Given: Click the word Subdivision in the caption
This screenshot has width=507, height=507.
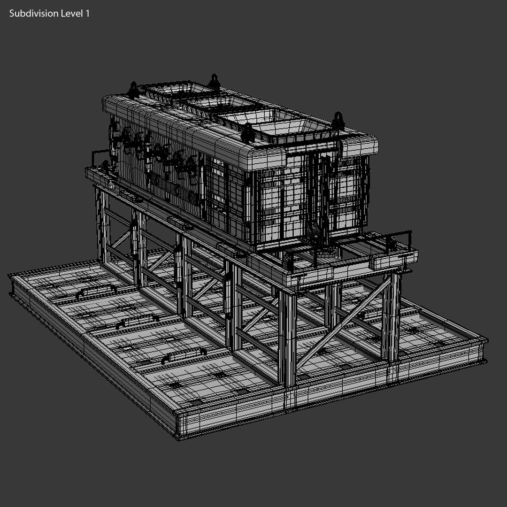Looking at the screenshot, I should click(33, 14).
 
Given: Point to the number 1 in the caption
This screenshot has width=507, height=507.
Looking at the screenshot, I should click(87, 14).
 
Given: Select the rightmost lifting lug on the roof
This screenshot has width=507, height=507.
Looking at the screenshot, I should click(338, 122).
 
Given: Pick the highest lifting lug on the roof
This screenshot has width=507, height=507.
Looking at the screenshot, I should click(215, 82).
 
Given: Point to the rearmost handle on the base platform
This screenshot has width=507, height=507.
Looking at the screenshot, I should click(96, 291).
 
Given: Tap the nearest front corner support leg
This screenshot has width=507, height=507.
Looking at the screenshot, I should click(288, 338).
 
